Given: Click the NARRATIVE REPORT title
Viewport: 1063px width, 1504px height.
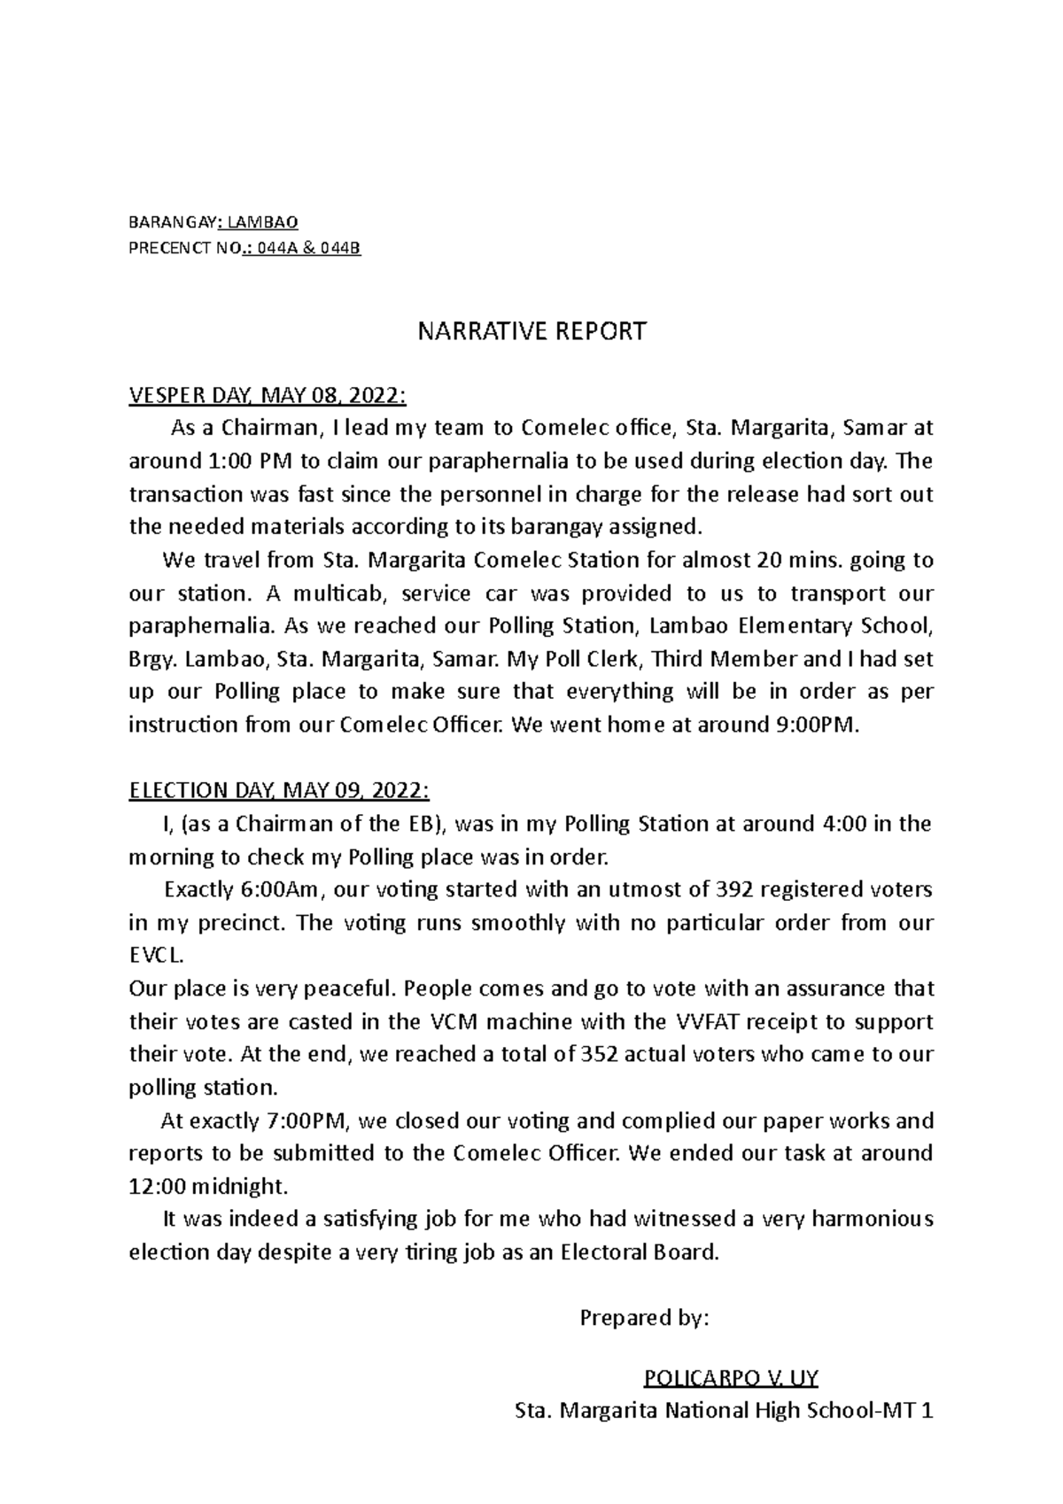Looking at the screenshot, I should [x=531, y=332].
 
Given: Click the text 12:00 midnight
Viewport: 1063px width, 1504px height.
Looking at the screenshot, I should [x=209, y=1186].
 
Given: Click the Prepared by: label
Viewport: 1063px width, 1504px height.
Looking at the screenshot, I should [x=644, y=1318].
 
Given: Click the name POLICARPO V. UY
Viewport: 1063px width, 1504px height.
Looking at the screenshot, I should [x=731, y=1378].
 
